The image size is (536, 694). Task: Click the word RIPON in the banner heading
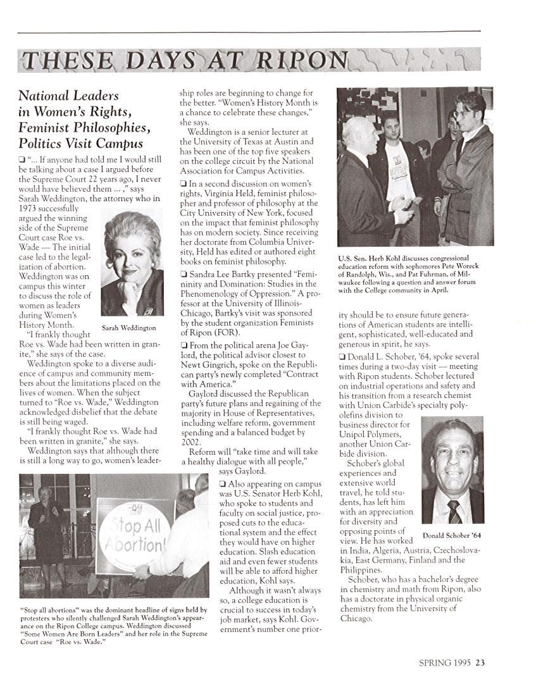coord(301,61)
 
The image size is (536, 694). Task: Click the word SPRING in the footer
coord(435,663)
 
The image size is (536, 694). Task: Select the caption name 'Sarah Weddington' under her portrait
coord(128,328)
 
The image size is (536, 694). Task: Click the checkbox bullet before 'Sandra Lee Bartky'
coord(183,274)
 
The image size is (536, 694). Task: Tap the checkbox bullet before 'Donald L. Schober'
coord(342,357)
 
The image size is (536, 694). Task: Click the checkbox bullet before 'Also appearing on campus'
coord(222,484)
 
